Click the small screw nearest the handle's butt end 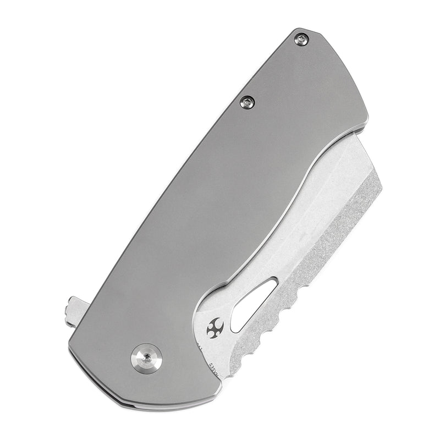point(301,38)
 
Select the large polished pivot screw point(146,358)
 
